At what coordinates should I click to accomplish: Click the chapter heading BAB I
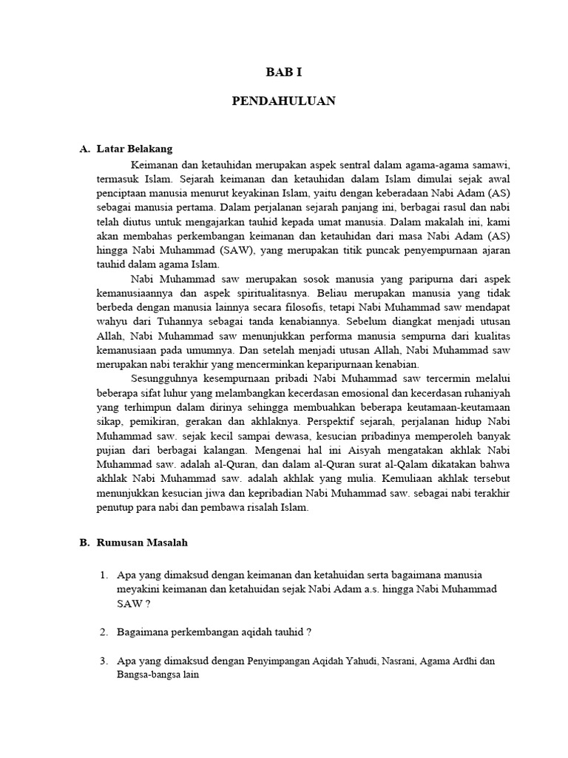click(x=284, y=72)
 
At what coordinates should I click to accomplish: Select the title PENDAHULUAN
click(x=284, y=101)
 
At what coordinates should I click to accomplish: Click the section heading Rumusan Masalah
click(x=142, y=542)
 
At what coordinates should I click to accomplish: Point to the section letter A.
click(x=84, y=149)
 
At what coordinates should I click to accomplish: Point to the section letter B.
click(x=84, y=542)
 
